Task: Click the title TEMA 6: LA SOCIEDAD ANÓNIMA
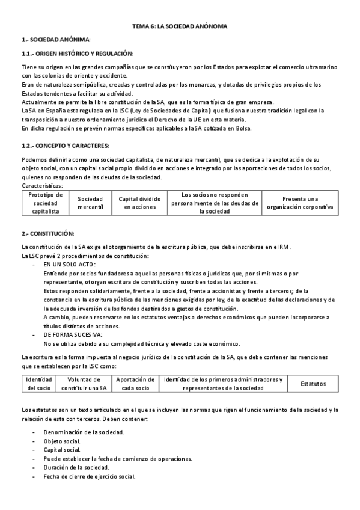click(180, 27)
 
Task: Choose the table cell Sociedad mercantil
click(90, 203)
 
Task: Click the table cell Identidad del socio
click(40, 384)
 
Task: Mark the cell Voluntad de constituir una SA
click(84, 384)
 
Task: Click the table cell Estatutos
click(313, 384)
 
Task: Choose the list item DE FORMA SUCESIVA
click(73, 334)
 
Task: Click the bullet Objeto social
click(62, 441)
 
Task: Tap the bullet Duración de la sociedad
click(76, 467)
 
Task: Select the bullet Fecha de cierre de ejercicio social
click(89, 476)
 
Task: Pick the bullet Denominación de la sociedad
click(84, 432)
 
